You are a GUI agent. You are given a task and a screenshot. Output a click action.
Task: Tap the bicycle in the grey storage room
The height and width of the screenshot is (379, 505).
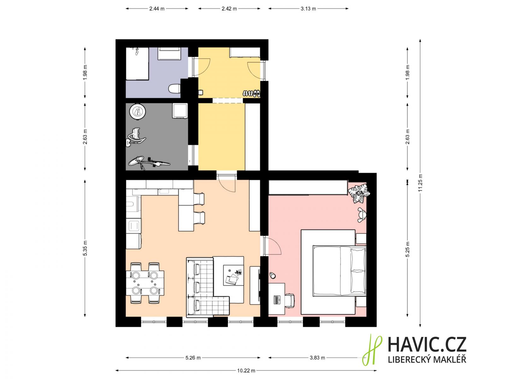click(149, 163)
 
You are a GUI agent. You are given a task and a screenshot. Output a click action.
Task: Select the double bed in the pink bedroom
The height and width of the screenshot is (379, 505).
click(339, 271)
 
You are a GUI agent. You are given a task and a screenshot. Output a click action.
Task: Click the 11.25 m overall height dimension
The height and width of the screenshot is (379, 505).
click(420, 183)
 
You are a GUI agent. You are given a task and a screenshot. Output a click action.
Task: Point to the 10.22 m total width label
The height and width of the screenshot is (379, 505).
click(246, 370)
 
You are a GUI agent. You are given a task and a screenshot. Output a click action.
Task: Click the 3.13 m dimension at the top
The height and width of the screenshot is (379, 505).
click(308, 9)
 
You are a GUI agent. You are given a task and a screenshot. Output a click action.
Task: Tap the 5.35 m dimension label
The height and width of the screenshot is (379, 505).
click(85, 248)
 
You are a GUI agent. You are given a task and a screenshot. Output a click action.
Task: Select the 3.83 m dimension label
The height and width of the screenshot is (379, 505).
click(317, 358)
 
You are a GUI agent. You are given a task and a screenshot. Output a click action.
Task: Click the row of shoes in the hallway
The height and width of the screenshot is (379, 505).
click(251, 93)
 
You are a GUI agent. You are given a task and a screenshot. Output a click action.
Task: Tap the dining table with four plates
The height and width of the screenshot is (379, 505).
click(145, 283)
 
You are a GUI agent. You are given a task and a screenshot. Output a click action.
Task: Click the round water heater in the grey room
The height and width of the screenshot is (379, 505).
click(138, 112)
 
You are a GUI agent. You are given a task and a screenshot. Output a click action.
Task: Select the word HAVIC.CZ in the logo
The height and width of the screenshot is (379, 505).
click(427, 345)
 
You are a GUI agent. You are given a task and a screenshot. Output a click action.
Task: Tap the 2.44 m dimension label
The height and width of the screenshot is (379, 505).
click(157, 9)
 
